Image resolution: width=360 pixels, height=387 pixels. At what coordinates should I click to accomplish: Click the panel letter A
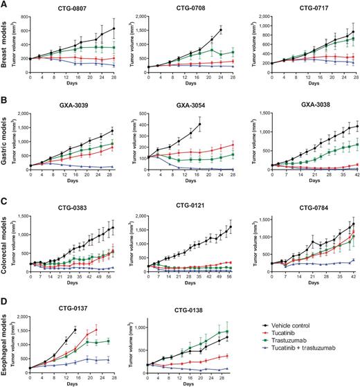coord(4,5)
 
